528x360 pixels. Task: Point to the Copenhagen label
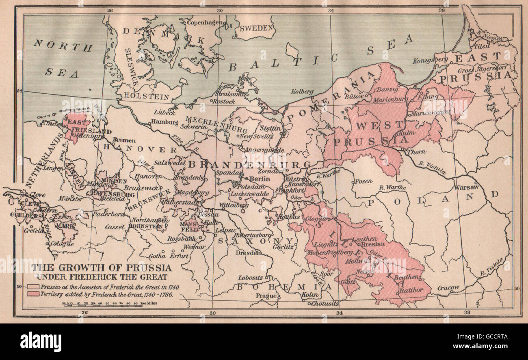(x=205, y=22)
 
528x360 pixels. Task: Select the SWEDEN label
(x=256, y=28)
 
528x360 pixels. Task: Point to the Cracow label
(x=448, y=288)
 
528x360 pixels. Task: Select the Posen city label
(x=364, y=182)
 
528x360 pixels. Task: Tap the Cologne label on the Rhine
(x=62, y=244)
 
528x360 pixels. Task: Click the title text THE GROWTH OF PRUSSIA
(x=102, y=268)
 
